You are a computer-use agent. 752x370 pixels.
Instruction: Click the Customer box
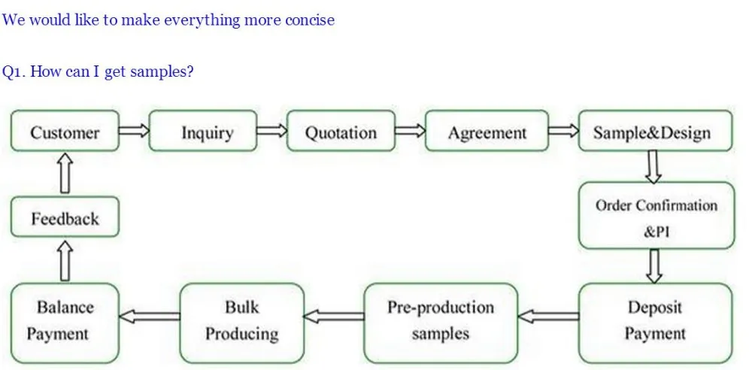click(65, 131)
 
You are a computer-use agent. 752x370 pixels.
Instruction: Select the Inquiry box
click(203, 131)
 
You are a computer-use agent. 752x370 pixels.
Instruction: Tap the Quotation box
click(341, 131)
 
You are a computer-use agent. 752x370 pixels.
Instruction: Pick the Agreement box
click(487, 131)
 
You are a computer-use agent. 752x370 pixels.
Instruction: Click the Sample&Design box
click(656, 131)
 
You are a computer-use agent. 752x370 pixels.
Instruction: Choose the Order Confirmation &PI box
click(656, 215)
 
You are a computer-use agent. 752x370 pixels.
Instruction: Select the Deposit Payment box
click(656, 323)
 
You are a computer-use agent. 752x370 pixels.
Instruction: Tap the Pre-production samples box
click(441, 323)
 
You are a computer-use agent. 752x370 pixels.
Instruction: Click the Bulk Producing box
click(242, 323)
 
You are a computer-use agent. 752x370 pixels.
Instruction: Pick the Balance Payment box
click(65, 323)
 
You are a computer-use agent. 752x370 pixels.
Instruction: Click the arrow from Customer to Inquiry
click(135, 131)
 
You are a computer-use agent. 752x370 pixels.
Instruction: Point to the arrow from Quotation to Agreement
click(411, 131)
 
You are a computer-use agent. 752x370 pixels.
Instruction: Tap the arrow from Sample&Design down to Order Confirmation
click(653, 166)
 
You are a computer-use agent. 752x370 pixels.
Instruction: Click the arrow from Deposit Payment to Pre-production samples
click(548, 317)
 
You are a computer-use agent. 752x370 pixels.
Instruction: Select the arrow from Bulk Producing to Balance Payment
click(150, 317)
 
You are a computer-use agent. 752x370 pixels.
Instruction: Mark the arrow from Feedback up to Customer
click(65, 174)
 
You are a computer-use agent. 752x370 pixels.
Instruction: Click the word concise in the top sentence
click(310, 20)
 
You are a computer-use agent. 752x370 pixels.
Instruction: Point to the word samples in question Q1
click(162, 72)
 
